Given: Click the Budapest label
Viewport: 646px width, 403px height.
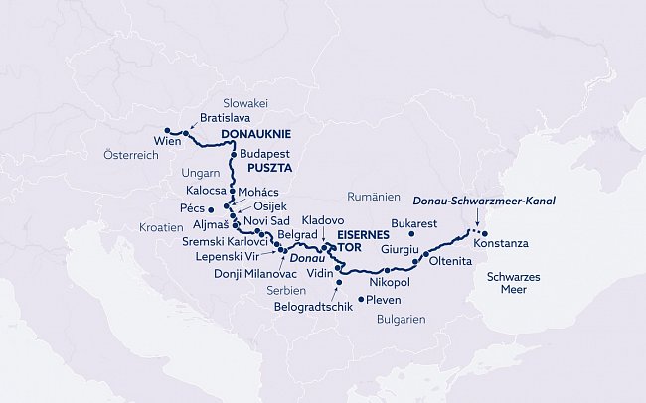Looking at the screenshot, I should click(264, 155).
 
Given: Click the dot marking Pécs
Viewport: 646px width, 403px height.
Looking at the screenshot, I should click(212, 209).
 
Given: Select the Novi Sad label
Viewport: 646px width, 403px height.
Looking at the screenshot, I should click(267, 219).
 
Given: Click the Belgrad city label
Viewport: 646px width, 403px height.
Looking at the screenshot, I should click(296, 235).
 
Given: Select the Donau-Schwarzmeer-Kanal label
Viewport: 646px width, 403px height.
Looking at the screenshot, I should click(483, 201).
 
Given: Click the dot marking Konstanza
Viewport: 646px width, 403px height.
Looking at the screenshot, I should click(486, 234).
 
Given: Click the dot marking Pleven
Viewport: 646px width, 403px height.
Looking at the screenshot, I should click(360, 299).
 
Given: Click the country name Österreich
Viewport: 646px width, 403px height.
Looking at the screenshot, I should click(131, 156).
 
